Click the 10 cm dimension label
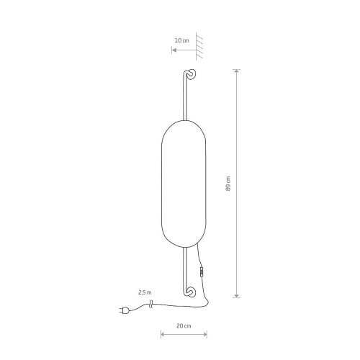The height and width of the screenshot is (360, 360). pyautogui.click(x=182, y=40)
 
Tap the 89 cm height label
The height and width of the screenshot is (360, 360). pyautogui.click(x=228, y=184)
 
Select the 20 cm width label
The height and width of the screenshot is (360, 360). pyautogui.click(x=184, y=326)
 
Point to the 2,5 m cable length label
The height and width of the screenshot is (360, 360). pyautogui.click(x=145, y=292)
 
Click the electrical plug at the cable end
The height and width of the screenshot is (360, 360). pyautogui.click(x=124, y=310)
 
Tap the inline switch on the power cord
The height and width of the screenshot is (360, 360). pyautogui.click(x=202, y=272)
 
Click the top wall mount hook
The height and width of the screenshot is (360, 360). pyautogui.click(x=191, y=74)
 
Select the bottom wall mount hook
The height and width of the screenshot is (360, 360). pyautogui.click(x=191, y=292)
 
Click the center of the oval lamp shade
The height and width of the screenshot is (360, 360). pyautogui.click(x=184, y=184)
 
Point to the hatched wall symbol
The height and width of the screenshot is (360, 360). pyautogui.click(x=199, y=45)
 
